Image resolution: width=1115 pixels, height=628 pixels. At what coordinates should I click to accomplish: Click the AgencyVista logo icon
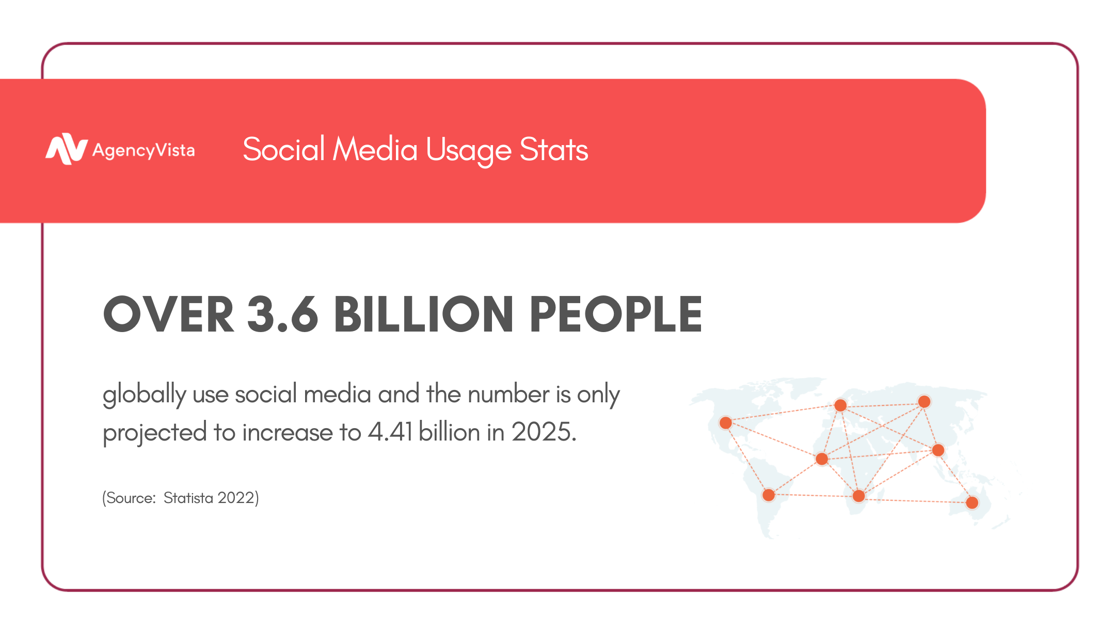[66, 149]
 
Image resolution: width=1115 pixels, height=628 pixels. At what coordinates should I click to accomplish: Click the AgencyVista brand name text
[144, 150]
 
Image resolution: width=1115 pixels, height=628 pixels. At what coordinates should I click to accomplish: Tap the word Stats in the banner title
[553, 150]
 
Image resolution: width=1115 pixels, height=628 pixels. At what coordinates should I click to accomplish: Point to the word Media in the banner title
[375, 150]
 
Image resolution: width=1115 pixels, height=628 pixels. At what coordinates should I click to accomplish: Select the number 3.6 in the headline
[282, 314]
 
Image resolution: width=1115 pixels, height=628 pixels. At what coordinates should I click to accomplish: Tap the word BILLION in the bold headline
[423, 314]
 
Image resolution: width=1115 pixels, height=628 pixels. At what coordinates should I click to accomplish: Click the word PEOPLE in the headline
[615, 314]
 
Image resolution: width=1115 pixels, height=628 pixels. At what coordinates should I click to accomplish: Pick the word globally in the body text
[144, 395]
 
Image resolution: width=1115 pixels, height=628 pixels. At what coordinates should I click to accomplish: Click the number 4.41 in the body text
[390, 432]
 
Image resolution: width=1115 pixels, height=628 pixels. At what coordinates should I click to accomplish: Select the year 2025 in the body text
[543, 432]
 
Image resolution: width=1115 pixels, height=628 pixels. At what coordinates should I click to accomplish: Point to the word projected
[154, 433]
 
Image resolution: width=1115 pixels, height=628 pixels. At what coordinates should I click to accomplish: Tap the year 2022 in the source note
[237, 498]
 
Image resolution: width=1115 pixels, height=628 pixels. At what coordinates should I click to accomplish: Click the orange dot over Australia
[972, 503]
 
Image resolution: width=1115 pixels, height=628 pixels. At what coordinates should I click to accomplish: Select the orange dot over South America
[769, 495]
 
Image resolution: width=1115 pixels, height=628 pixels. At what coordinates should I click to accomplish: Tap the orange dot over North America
[726, 423]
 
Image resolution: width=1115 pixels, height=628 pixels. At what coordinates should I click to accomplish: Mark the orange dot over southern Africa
[858, 496]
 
